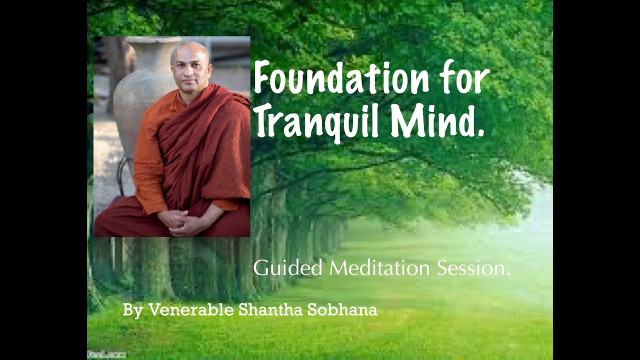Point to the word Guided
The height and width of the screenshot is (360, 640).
coord(288,268)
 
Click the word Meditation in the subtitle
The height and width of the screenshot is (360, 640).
coord(379,268)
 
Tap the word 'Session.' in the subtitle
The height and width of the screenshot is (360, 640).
coord(473,268)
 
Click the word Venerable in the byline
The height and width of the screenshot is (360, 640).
coord(191,310)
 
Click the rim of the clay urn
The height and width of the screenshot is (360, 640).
coord(152,40)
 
